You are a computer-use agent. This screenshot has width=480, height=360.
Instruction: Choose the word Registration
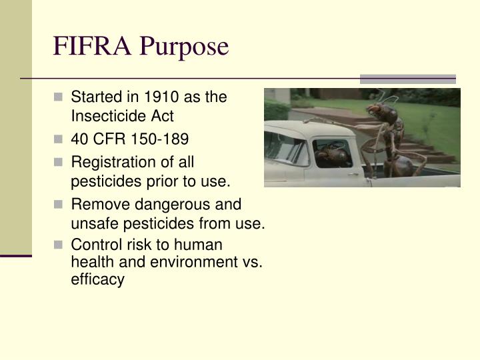pyautogui.click(x=110, y=161)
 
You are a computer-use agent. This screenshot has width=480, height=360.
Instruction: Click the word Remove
pyautogui.click(x=96, y=205)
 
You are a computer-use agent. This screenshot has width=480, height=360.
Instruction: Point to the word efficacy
pyautogui.click(x=97, y=279)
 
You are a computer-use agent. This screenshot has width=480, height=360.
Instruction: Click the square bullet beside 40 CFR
pyautogui.click(x=60, y=140)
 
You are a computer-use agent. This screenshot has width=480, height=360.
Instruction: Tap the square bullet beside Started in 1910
pyautogui.click(x=60, y=97)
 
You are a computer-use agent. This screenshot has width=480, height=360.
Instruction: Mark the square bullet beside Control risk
pyautogui.click(x=60, y=245)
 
